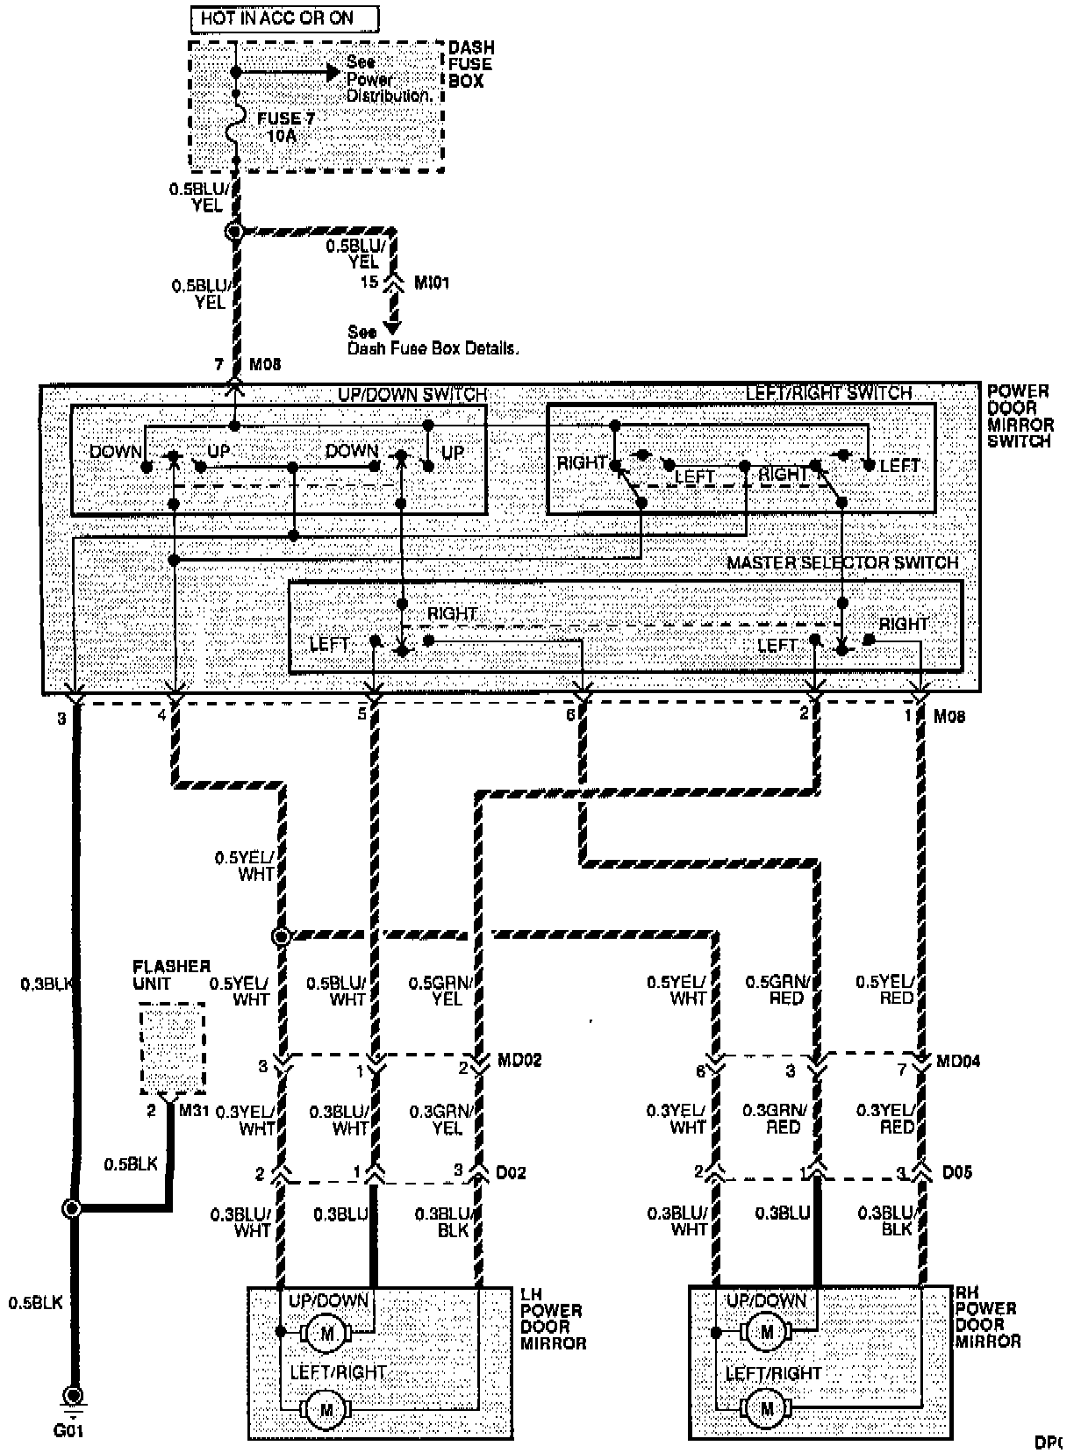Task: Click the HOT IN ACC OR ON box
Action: click(284, 18)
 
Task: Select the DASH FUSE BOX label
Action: click(471, 64)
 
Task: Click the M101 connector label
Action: click(431, 283)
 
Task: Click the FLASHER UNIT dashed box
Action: click(172, 1049)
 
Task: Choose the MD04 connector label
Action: click(958, 1061)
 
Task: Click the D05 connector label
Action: click(956, 1172)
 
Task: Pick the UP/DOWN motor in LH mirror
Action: click(327, 1335)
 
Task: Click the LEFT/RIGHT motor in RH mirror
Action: click(768, 1410)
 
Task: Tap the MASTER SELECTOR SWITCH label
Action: click(842, 562)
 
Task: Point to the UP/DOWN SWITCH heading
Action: click(412, 395)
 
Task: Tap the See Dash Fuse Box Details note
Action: click(433, 340)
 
